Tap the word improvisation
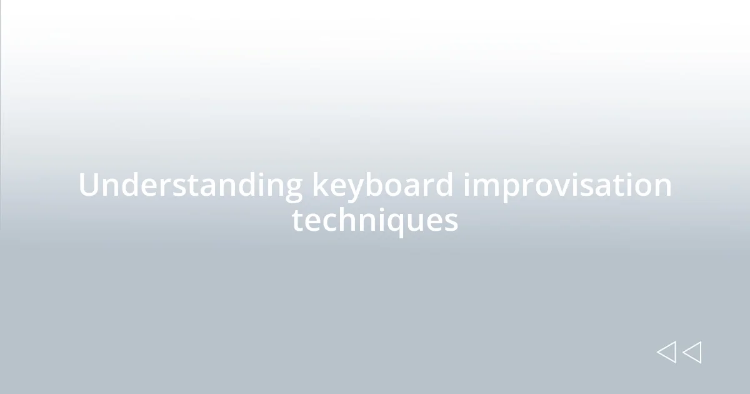click(x=567, y=186)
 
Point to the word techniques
click(x=375, y=220)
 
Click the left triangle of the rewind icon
click(x=666, y=352)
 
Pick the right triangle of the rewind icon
click(x=692, y=352)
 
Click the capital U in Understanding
click(x=89, y=186)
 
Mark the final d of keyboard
click(x=444, y=186)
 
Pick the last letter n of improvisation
click(x=663, y=187)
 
